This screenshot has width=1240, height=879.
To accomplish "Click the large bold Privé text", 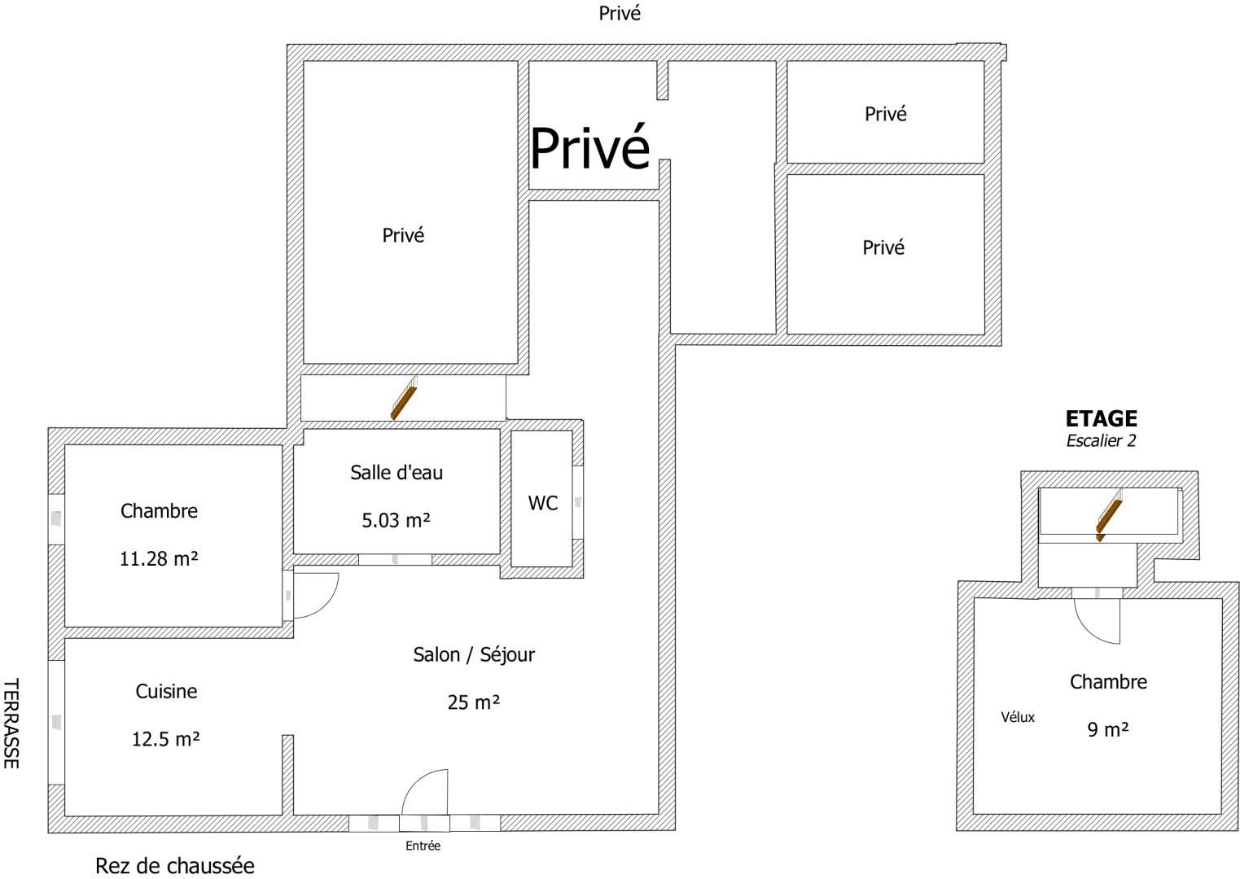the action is tap(590, 148).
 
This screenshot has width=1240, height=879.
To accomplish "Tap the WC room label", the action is tap(542, 503).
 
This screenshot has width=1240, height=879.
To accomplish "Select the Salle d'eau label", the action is tap(397, 472).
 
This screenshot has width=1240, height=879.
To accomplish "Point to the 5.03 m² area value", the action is tap(396, 520).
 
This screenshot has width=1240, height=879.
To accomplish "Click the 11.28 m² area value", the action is tap(159, 558).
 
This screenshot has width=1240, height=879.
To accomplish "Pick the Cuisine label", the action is tap(166, 691).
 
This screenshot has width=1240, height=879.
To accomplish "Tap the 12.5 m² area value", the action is tap(165, 739).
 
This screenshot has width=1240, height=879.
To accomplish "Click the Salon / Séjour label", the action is tap(474, 655).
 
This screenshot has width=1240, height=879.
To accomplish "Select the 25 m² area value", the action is tap(473, 702).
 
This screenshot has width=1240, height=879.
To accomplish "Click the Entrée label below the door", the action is tap(423, 846).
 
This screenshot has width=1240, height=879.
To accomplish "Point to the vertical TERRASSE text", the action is tap(11, 724).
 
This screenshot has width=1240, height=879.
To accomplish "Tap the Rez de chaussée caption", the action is tap(175, 866).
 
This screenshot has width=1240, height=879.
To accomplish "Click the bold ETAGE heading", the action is tap(1102, 418).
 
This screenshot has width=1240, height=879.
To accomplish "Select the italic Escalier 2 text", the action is tap(1101, 440).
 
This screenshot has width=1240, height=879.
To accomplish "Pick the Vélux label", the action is tap(1018, 717).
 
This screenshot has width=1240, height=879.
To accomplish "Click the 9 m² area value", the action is tap(1108, 729).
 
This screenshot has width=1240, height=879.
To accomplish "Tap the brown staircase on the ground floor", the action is tap(404, 398).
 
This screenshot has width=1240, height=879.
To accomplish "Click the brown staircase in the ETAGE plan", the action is tap(1110, 514).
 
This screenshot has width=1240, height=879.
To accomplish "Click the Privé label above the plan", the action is tap(620, 13).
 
